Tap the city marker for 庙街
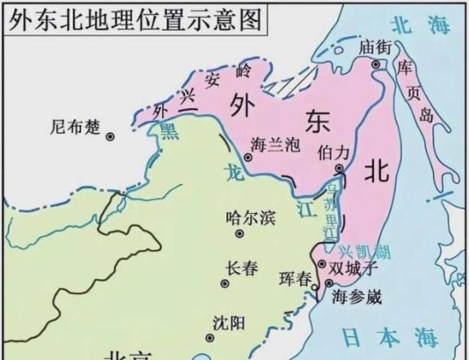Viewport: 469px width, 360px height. (376, 64)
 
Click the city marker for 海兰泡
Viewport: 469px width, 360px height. (248, 158)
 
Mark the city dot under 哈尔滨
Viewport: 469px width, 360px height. (240, 234)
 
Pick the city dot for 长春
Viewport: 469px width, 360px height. (225, 284)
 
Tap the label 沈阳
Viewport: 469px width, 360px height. (228, 323)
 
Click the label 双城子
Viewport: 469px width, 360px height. (353, 267)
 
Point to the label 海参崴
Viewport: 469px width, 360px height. (357, 296)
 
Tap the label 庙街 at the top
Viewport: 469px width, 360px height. (375, 47)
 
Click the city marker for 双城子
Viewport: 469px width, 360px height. (321, 265)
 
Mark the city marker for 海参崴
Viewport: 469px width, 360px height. (328, 283)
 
